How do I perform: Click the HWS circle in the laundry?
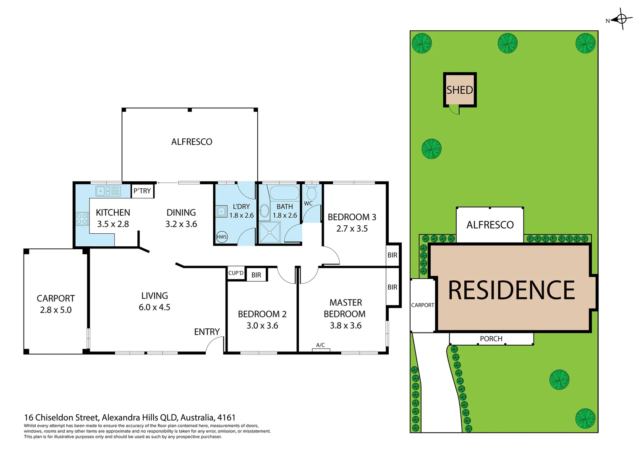(x=222, y=237)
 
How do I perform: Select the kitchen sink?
(x=108, y=191)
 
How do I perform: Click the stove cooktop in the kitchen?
(x=82, y=219)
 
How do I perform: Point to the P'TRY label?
(x=142, y=191)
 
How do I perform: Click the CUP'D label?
(x=236, y=273)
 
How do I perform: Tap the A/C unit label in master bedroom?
(x=320, y=345)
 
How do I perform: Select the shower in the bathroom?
(x=269, y=232)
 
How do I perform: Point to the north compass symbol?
(x=621, y=19)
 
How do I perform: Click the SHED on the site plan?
(x=460, y=90)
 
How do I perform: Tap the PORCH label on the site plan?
(x=491, y=339)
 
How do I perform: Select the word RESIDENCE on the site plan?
(x=511, y=290)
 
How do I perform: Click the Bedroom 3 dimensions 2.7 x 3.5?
(x=352, y=229)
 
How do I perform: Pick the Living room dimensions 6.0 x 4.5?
(x=154, y=307)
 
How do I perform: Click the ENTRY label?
(x=207, y=332)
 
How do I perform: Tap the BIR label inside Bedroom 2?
(x=256, y=275)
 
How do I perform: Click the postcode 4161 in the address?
(x=226, y=417)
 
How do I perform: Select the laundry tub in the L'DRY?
(x=222, y=211)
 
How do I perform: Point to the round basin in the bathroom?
(x=264, y=211)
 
